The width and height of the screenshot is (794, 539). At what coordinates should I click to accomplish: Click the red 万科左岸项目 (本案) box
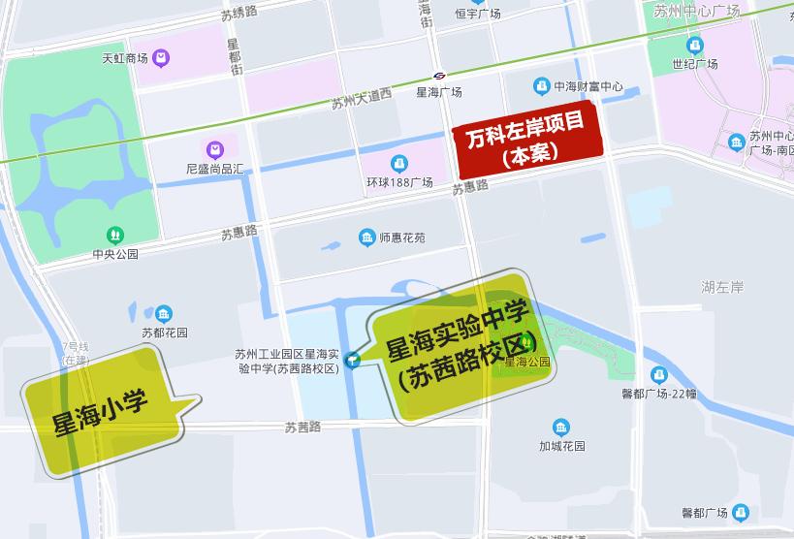pyautogui.click(x=528, y=138)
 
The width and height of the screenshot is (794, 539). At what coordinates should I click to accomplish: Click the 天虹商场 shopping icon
pyautogui.click(x=160, y=58)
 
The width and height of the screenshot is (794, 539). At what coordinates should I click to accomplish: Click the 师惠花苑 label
pyautogui.click(x=401, y=238)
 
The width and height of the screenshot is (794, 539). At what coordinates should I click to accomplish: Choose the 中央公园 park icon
pyautogui.click(x=115, y=235)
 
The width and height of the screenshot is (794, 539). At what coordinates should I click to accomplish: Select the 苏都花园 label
pyautogui.click(x=164, y=333)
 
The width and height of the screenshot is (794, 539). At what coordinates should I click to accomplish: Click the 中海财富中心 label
pyautogui.click(x=588, y=86)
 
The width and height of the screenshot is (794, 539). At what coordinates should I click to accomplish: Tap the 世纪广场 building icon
pyautogui.click(x=694, y=46)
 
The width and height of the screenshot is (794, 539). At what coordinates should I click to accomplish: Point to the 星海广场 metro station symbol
pyautogui.click(x=439, y=76)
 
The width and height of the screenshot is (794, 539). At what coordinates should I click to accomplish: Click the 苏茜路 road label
pyautogui.click(x=302, y=426)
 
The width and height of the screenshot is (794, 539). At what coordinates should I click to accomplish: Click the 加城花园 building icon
pyautogui.click(x=561, y=428)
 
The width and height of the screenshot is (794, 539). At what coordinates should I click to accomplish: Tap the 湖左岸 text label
pyautogui.click(x=722, y=287)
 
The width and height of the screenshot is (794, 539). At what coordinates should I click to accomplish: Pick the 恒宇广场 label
pyautogui.click(x=477, y=14)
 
